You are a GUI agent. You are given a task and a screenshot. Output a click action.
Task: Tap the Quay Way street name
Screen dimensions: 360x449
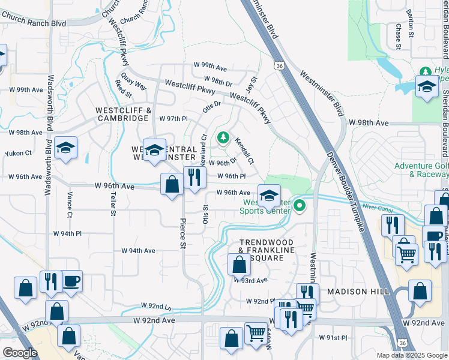[133, 81]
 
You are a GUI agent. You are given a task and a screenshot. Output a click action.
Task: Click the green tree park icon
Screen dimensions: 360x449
[223, 139]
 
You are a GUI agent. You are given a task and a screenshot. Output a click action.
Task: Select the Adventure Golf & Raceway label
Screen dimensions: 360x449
[421, 170]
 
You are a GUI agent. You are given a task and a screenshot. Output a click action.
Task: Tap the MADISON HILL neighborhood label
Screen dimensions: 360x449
[358, 291]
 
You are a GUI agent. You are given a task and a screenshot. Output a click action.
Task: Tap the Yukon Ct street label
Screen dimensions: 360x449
[18, 154]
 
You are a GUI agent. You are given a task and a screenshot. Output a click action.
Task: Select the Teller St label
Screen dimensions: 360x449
[112, 203]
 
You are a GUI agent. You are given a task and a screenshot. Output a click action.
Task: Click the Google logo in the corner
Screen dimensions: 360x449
[20, 352]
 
